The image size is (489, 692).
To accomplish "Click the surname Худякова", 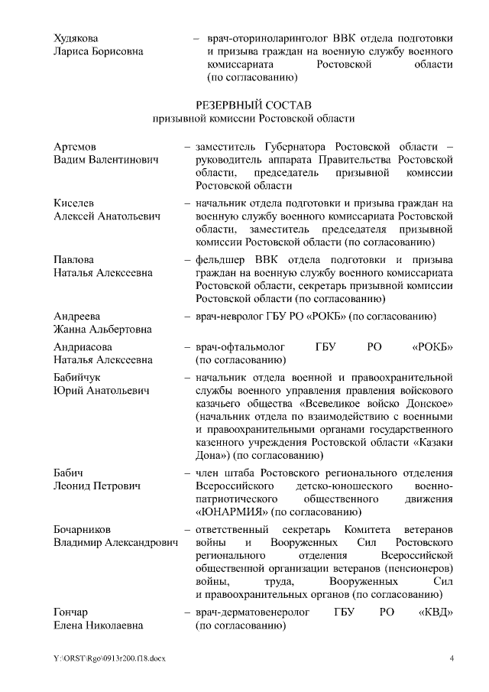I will (76, 37).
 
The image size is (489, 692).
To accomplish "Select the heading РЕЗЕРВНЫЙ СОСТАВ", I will (253, 105).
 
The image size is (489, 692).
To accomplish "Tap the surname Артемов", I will (75, 147).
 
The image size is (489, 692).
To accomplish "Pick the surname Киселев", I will (74, 204).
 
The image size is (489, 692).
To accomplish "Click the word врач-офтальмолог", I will (241, 346).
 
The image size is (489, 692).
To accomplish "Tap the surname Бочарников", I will (82, 530).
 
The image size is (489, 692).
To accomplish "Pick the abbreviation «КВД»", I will (438, 613).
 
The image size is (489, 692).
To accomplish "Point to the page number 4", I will (452, 659).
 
